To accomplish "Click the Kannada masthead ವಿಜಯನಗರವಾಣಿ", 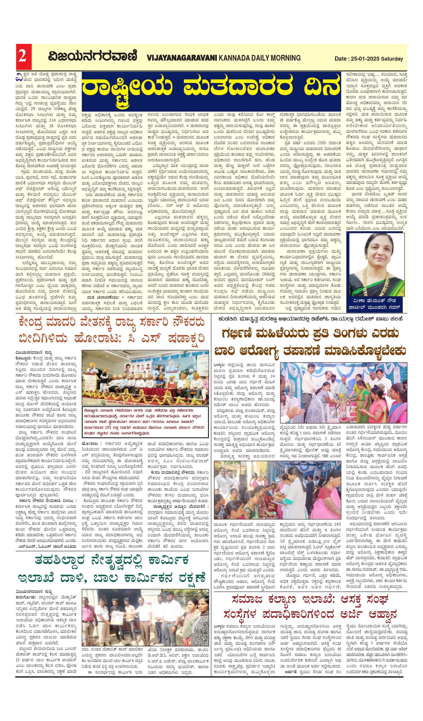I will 92,56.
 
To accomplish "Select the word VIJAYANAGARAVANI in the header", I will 182,58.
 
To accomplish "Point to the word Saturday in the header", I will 392,59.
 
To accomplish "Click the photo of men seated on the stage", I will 145,377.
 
